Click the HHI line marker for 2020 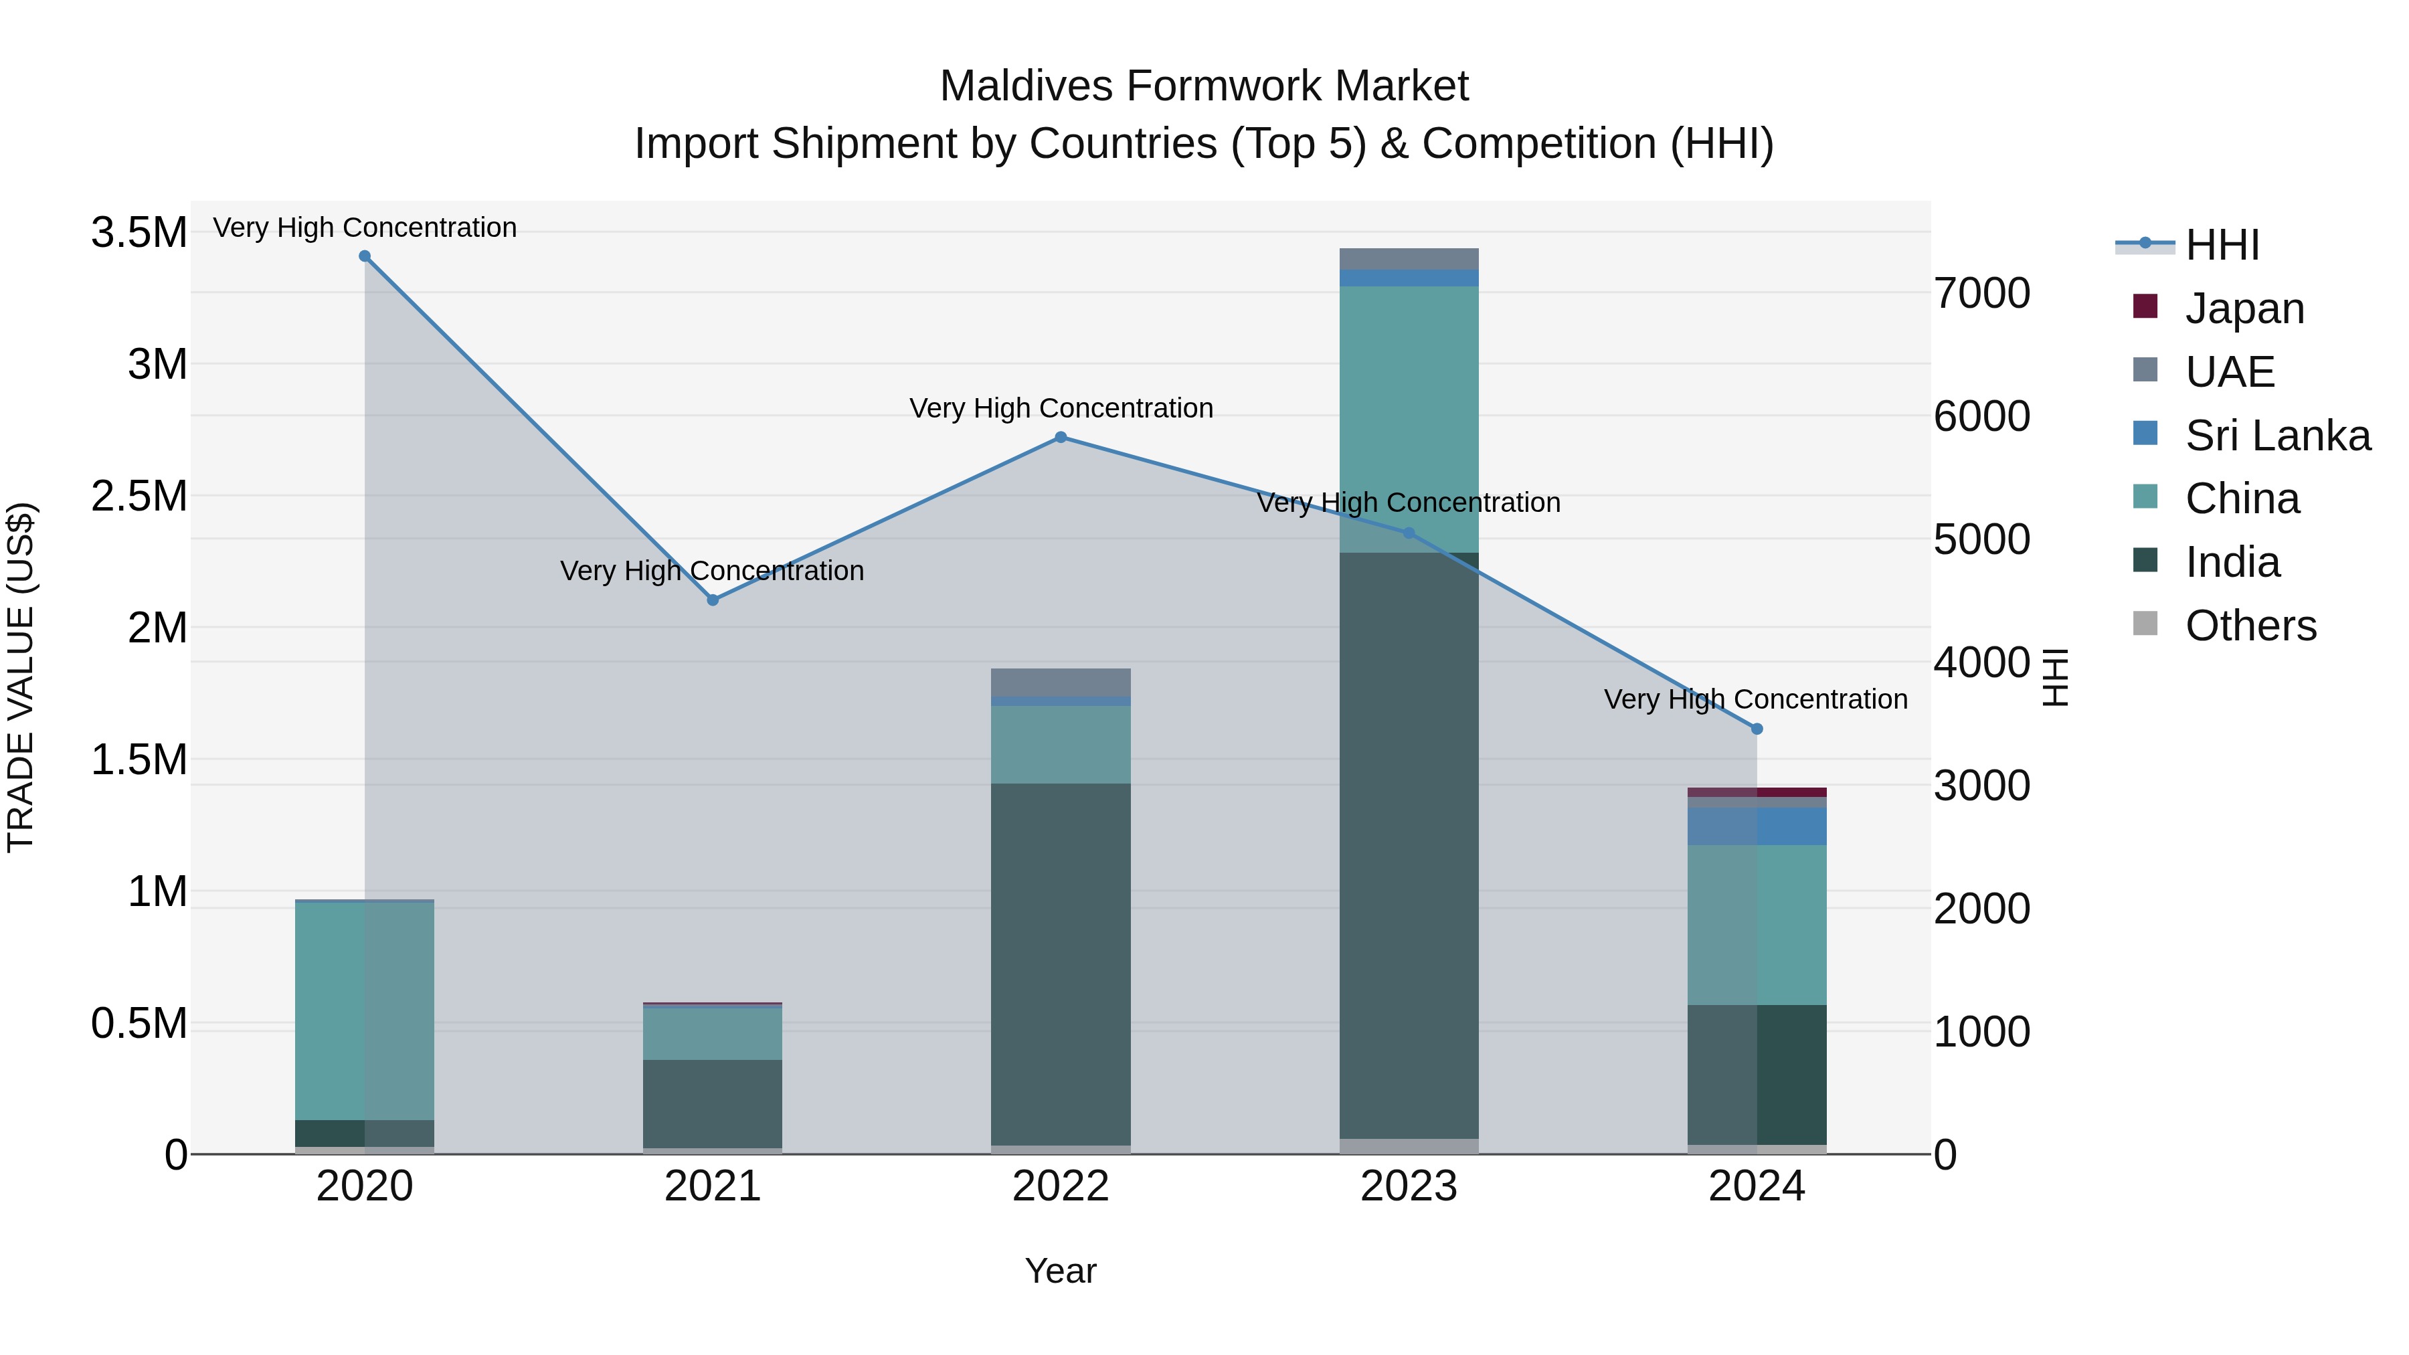pyautogui.click(x=365, y=256)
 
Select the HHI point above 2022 pyautogui.click(x=1061, y=437)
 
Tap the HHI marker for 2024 pyautogui.click(x=1757, y=729)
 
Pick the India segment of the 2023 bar pyautogui.click(x=1409, y=842)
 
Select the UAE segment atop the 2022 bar pyautogui.click(x=1061, y=682)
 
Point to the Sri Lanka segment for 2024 pyautogui.click(x=1757, y=826)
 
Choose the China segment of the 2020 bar pyautogui.click(x=365, y=1010)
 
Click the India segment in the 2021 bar pyautogui.click(x=713, y=1103)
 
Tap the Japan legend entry pyautogui.click(x=2244, y=308)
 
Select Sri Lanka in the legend pyautogui.click(x=2277, y=436)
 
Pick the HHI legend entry pyautogui.click(x=2221, y=245)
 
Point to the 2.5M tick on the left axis pyautogui.click(x=139, y=496)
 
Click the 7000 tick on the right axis pyautogui.click(x=1981, y=292)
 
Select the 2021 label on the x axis pyautogui.click(x=713, y=1186)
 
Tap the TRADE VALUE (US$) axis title pyautogui.click(x=21, y=677)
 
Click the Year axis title pyautogui.click(x=1061, y=1271)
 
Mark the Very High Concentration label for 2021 pyautogui.click(x=712, y=570)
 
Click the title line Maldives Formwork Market pyautogui.click(x=1204, y=86)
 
